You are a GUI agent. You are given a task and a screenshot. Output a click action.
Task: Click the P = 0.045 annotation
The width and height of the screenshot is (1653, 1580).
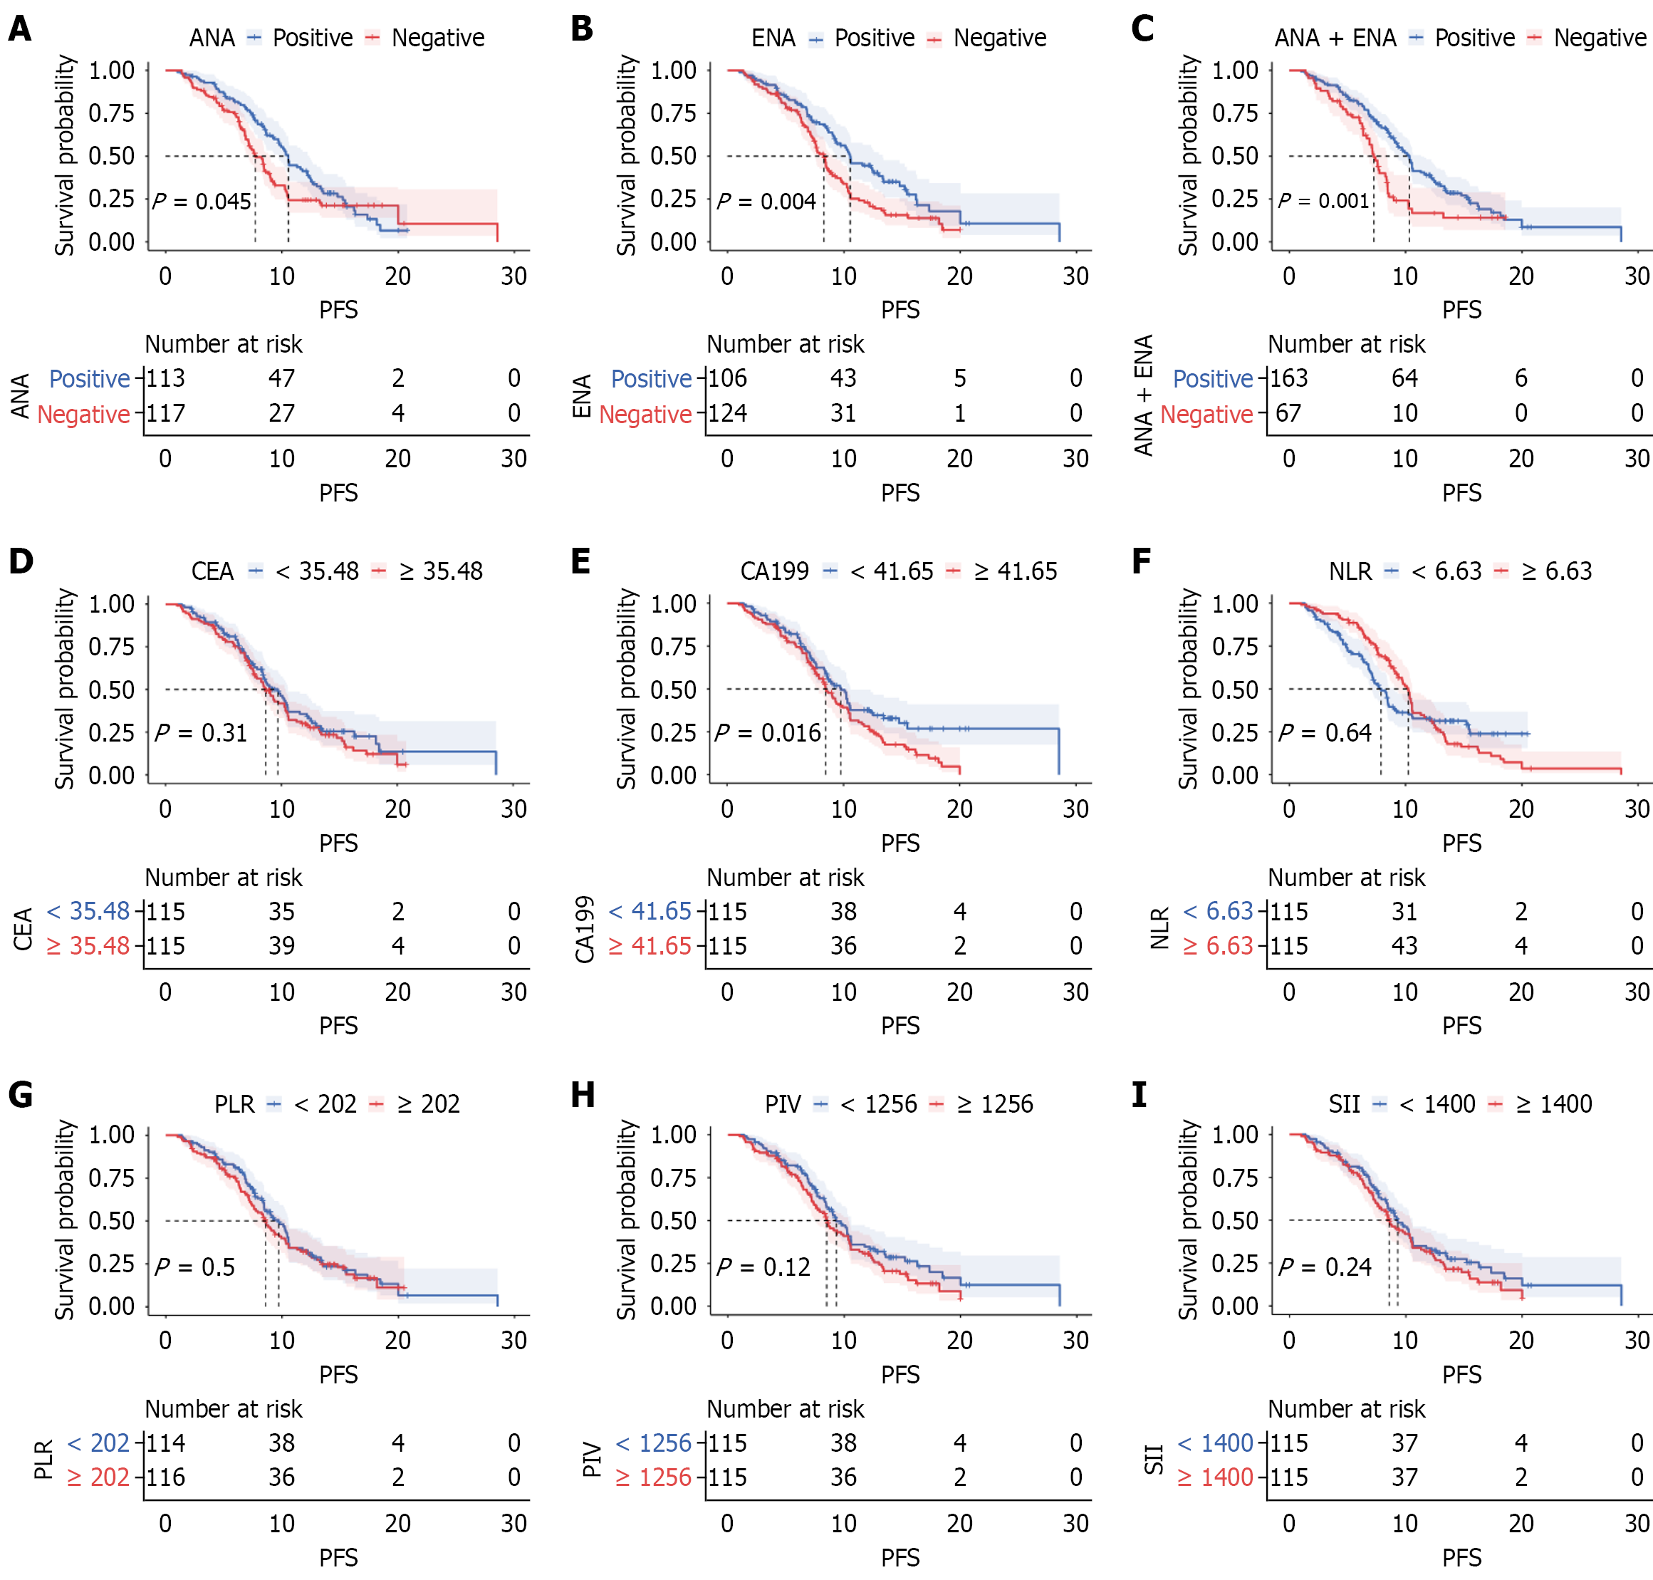click(202, 202)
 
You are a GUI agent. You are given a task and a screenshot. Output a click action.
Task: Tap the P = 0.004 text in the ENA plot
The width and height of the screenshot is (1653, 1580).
click(766, 202)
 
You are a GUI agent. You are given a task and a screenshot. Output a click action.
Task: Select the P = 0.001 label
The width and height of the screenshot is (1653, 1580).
click(1324, 200)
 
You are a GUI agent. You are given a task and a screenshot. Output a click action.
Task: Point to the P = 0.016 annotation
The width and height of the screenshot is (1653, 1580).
click(768, 733)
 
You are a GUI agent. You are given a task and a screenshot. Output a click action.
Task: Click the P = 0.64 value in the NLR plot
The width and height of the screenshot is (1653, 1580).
click(1325, 733)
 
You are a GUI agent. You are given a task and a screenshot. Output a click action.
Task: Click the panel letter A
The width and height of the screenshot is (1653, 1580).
click(19, 28)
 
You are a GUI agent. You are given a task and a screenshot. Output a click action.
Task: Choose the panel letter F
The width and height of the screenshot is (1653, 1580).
click(1141, 561)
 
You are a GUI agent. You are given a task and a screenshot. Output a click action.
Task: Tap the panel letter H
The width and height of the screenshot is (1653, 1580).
click(582, 1095)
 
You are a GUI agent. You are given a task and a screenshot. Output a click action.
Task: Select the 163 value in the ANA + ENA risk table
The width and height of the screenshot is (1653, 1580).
click(1289, 378)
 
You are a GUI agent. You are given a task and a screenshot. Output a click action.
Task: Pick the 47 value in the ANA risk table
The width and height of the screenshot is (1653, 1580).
click(281, 378)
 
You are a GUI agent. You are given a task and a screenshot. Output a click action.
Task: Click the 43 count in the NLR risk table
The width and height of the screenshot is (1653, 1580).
click(1404, 946)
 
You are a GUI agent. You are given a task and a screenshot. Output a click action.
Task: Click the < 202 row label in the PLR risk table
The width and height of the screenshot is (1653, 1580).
click(98, 1443)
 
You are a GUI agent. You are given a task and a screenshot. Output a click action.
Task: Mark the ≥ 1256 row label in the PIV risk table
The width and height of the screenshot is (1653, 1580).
click(654, 1477)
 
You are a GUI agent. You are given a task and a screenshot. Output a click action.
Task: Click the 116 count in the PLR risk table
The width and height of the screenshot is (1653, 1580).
click(166, 1477)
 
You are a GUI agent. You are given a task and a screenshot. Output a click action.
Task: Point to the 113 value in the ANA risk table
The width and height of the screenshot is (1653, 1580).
click(166, 378)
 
